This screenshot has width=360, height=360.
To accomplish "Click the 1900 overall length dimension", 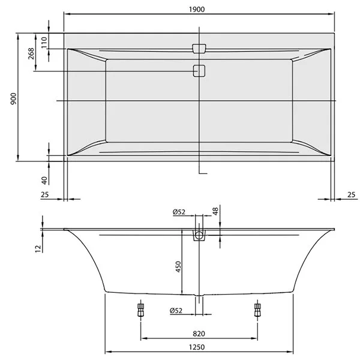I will pyautogui.click(x=199, y=6).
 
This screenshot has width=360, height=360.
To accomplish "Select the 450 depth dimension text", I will pyautogui.click(x=178, y=266).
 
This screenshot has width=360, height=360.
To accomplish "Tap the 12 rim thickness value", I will pyautogui.click(x=37, y=247).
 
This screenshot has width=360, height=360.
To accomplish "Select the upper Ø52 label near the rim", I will pyautogui.click(x=178, y=212).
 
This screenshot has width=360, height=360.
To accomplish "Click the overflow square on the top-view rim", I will pyautogui.click(x=199, y=47).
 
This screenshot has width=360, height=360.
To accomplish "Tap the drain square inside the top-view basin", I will pyautogui.click(x=199, y=71).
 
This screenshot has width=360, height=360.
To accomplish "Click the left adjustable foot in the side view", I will pyautogui.click(x=141, y=310).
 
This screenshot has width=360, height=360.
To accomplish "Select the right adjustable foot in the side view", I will pyautogui.click(x=258, y=310).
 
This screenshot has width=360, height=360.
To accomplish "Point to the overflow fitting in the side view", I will pyautogui.click(x=199, y=235).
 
